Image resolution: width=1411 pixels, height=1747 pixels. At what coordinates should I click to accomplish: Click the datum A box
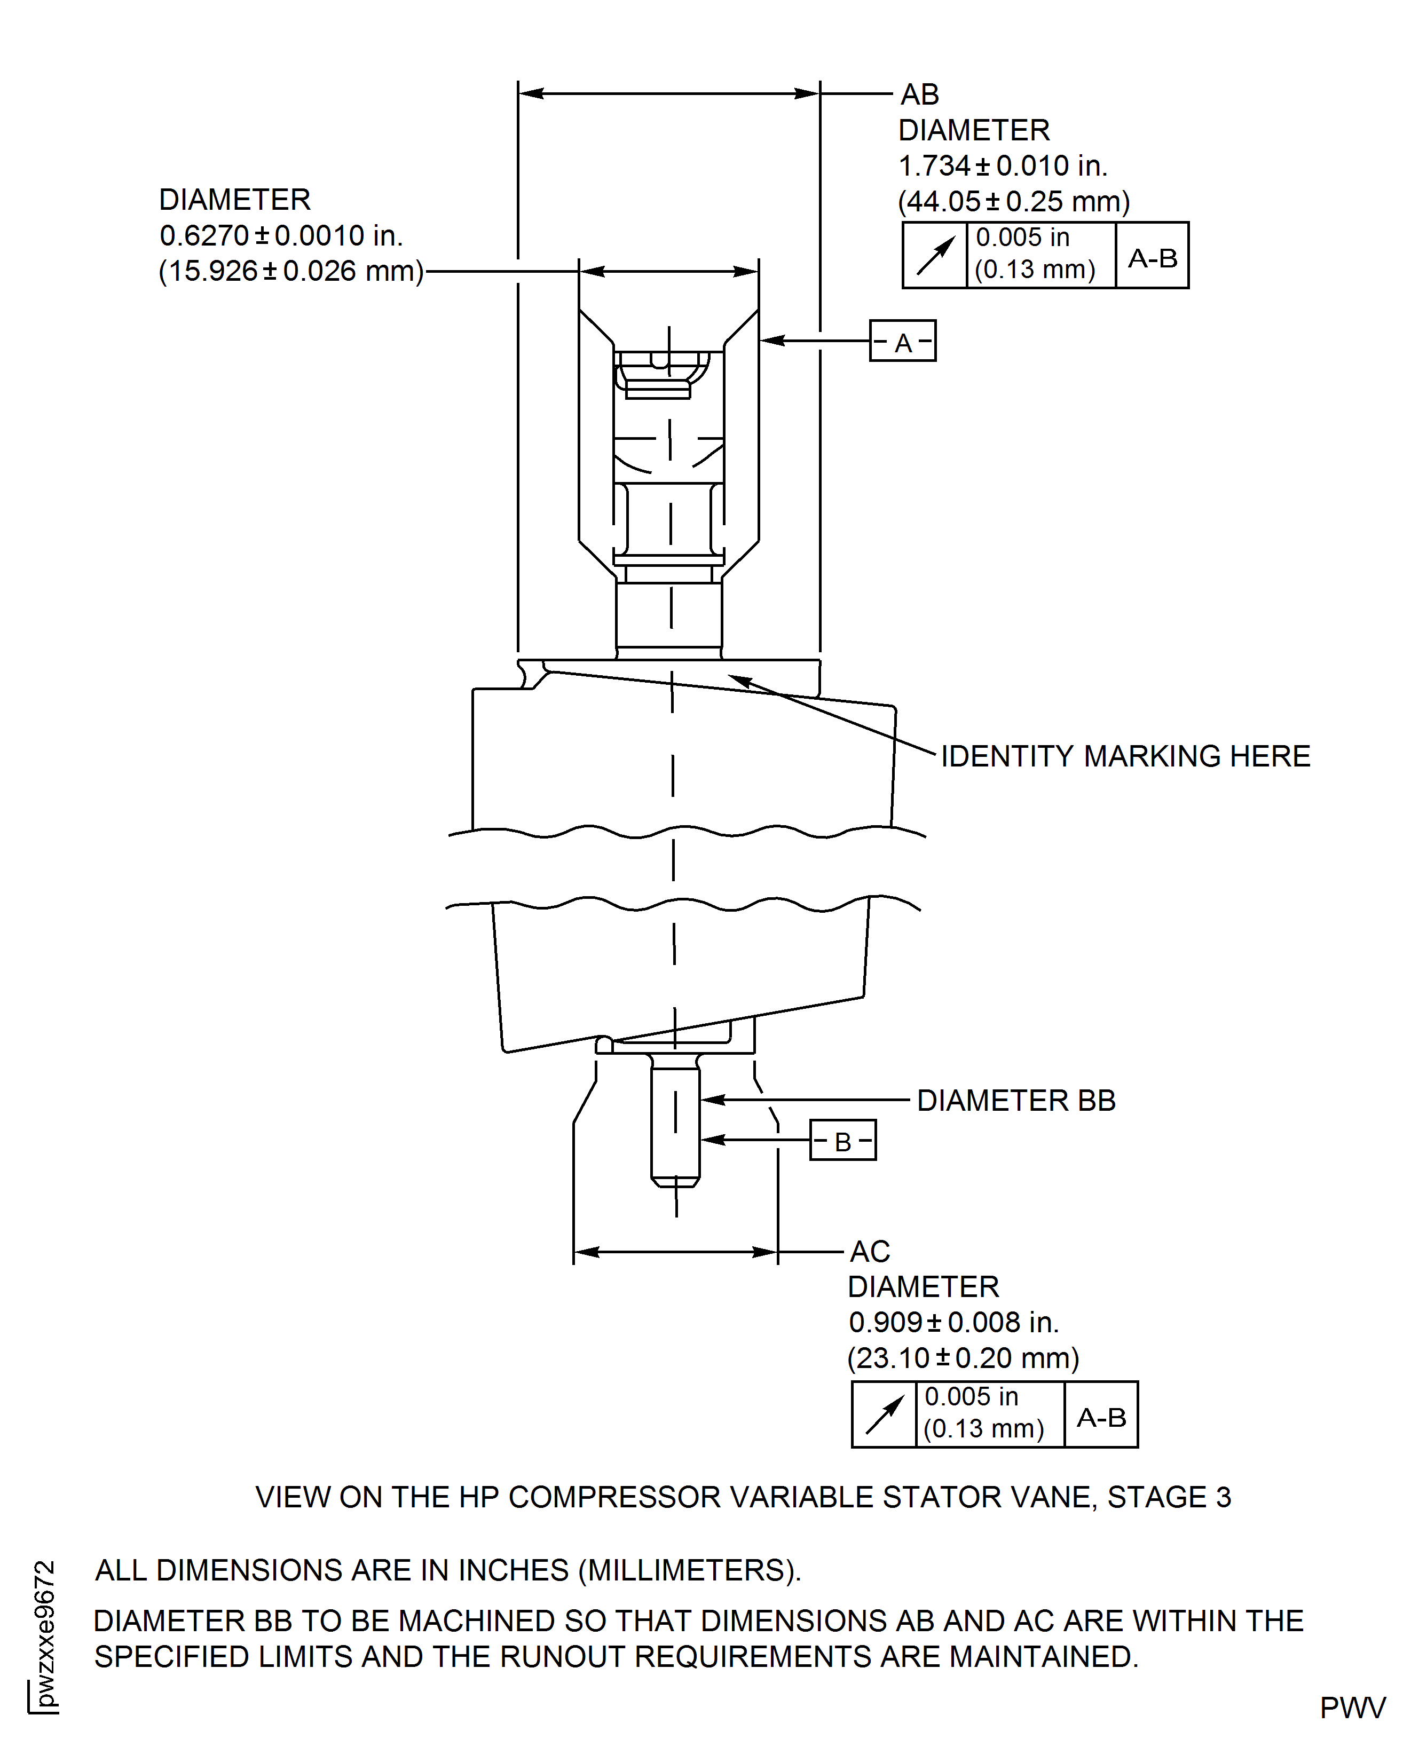902,341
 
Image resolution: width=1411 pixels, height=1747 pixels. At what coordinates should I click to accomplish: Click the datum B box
843,1141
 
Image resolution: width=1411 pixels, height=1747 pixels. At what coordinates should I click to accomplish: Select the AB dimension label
919,95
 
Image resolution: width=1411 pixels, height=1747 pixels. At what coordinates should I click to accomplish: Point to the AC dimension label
870,1251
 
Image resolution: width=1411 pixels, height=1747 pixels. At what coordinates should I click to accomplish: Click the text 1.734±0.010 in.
1002,166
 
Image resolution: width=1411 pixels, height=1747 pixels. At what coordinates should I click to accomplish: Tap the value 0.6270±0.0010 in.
280,235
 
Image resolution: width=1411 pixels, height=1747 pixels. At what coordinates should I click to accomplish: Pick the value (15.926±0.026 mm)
291,271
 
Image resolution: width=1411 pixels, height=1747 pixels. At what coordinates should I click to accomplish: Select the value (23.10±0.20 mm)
963,1358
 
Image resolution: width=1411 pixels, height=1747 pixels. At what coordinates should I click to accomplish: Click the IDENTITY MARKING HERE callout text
1125,756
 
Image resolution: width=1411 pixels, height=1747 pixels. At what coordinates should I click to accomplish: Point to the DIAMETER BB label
1016,1101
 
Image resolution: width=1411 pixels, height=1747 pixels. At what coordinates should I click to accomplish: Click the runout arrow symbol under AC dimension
884,1416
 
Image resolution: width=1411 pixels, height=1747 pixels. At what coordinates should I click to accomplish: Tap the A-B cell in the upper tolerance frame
1152,258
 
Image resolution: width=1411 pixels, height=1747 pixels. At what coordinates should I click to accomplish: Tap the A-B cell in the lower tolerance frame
1100,1418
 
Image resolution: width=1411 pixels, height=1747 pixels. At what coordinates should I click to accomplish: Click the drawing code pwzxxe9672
45,1633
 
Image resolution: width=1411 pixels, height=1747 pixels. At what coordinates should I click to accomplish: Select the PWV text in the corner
1352,1708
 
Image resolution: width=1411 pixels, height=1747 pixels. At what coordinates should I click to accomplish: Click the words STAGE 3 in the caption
1169,1498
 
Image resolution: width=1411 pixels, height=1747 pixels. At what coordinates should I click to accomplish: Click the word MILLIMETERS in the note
687,1571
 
